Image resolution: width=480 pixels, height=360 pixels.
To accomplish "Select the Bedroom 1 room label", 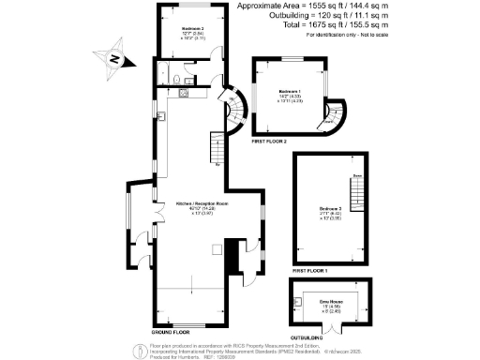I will pyautogui.click(x=289, y=92).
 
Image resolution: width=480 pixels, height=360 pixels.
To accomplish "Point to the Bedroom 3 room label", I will pyautogui.click(x=330, y=208).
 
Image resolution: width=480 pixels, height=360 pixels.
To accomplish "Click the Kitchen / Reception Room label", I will pyautogui.click(x=196, y=202).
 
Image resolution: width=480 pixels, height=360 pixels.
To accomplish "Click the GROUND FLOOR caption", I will pyautogui.click(x=171, y=332).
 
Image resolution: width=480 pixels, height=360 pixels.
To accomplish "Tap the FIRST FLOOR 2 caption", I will pyautogui.click(x=270, y=140).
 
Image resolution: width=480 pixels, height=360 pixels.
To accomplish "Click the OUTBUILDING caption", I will pyautogui.click(x=307, y=337).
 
